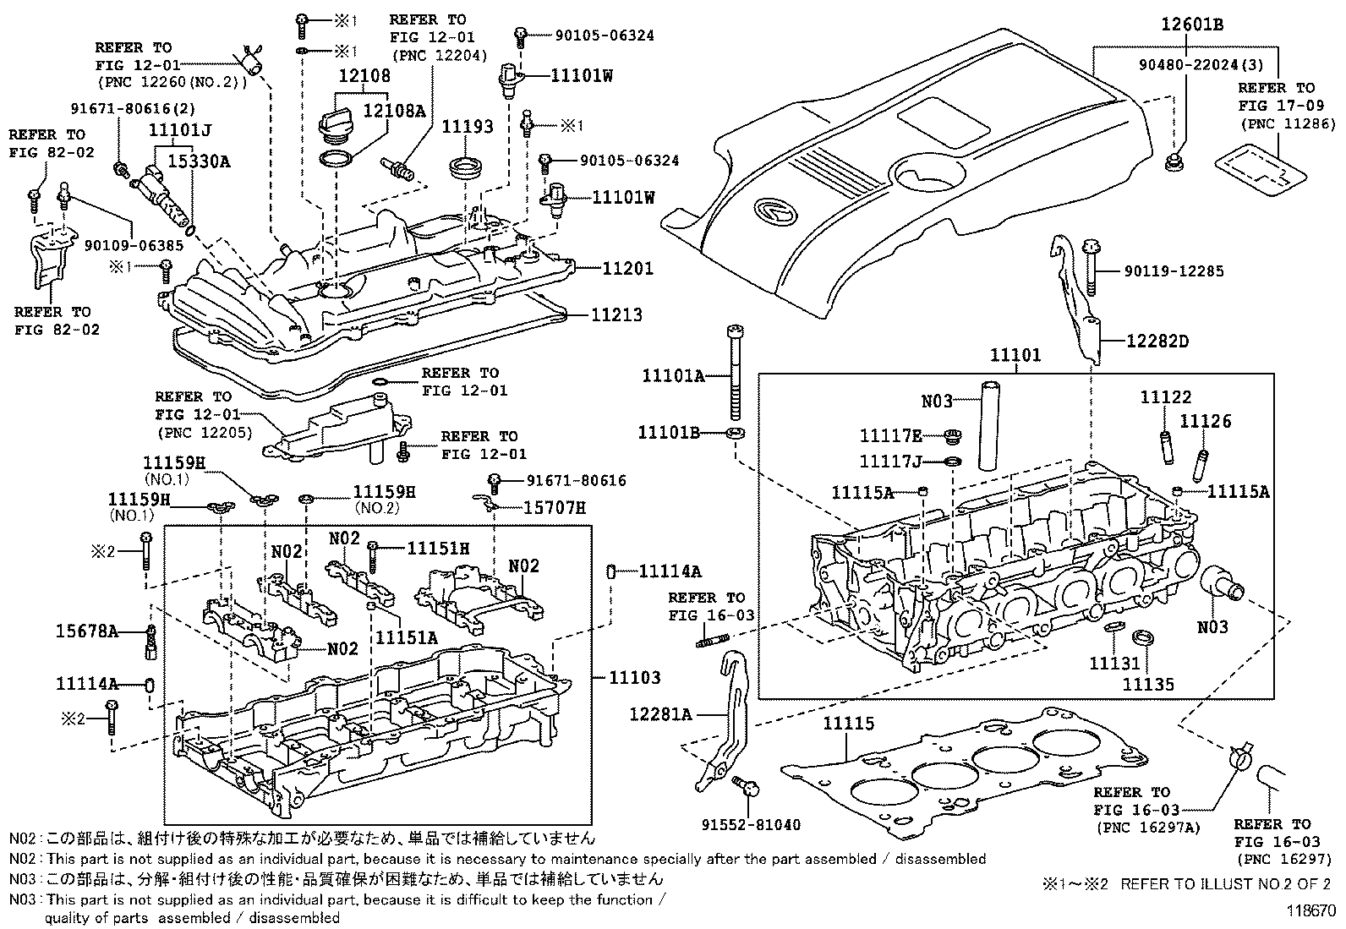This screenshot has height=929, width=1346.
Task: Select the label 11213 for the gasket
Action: click(x=616, y=314)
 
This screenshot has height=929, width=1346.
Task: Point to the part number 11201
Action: click(x=627, y=268)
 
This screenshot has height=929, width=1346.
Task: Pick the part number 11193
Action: click(x=468, y=126)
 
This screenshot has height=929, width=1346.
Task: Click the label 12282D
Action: click(x=1157, y=341)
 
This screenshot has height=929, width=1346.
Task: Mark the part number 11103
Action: click(x=634, y=677)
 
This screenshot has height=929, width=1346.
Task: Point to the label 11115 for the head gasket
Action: click(x=849, y=724)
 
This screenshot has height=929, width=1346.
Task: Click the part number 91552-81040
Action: click(x=751, y=824)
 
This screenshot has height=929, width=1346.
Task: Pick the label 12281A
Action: click(x=660, y=714)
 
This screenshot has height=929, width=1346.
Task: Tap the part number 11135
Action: click(x=1148, y=684)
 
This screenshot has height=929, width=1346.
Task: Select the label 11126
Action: click(x=1206, y=421)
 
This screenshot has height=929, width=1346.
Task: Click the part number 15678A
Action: click(x=86, y=630)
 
